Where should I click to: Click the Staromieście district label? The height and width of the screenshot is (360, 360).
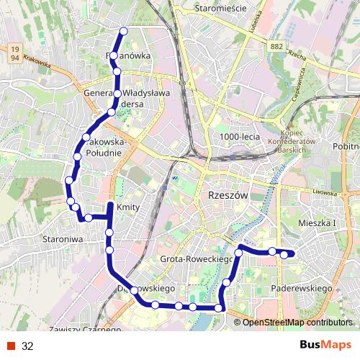coord(220,8)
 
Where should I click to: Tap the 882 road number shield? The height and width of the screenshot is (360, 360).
coord(276,47)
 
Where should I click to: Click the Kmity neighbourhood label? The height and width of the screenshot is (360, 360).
coord(127,207)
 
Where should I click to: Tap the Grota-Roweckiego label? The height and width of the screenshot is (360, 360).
coord(196,258)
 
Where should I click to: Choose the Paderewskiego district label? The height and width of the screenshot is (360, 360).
coord(302,288)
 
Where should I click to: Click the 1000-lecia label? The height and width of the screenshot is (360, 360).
coord(239,136)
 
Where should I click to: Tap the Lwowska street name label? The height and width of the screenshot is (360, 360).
coord(325,192)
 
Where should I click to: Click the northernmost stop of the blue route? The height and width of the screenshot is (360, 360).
coord(124,31)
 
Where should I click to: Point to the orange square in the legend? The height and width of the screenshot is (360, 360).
coord(10,346)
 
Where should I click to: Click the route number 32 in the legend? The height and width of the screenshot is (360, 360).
coord(27,346)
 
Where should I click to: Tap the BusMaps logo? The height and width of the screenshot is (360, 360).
coord(325,345)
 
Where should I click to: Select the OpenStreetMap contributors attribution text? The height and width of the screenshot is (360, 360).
coord(297,323)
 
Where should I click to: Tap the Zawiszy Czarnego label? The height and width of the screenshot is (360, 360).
coord(81,330)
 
